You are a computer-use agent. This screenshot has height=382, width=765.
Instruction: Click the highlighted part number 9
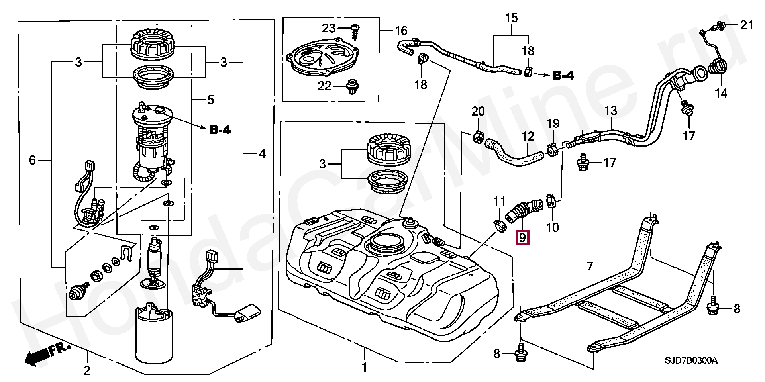pos(522,238)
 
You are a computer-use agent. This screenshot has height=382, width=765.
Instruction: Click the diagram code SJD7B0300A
pos(691,361)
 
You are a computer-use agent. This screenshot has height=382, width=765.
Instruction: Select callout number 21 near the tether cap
pos(746,25)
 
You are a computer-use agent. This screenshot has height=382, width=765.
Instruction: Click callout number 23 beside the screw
pos(329,28)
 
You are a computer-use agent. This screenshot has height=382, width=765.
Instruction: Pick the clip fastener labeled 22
pos(351,86)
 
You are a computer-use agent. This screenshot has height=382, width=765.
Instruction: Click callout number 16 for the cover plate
pos(401,31)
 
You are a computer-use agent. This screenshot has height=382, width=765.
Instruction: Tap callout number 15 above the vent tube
pos(512,18)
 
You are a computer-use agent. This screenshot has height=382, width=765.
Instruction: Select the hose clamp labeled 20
pos(478,136)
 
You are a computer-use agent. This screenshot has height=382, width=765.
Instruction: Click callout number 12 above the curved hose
pos(528,137)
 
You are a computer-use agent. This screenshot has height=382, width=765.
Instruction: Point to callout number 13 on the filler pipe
pos(611,110)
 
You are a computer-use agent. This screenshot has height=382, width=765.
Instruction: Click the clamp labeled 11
pos(499,225)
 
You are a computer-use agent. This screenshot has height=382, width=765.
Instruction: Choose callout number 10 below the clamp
pos(552,227)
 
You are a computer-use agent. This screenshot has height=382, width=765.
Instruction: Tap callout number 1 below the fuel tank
pos(364,367)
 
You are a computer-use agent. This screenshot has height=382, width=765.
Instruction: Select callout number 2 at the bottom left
pos(87,370)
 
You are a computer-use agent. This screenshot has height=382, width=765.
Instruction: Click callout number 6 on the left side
pos(33,160)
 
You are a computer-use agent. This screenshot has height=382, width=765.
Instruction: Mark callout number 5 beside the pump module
pos(211,100)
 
